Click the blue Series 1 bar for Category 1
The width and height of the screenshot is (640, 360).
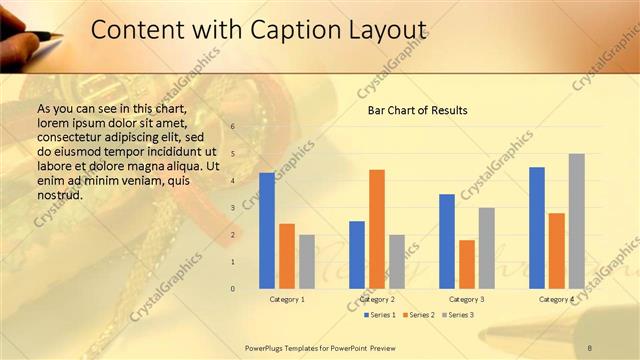(x=267, y=230)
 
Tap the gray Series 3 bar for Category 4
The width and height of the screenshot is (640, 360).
(x=577, y=221)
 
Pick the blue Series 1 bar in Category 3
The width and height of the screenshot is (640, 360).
(x=447, y=241)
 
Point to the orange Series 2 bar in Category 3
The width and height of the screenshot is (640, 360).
(x=467, y=264)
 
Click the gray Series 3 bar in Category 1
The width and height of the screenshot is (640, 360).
(x=307, y=261)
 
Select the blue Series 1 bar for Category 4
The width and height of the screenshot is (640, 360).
(x=537, y=227)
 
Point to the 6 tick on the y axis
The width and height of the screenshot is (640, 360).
(x=232, y=127)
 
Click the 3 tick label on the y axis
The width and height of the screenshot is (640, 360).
(x=232, y=208)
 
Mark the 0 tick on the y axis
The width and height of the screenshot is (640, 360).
(x=232, y=289)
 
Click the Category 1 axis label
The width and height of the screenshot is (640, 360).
(x=287, y=299)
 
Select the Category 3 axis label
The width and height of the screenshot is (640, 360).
(x=467, y=299)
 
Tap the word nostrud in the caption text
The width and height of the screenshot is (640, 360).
(x=60, y=195)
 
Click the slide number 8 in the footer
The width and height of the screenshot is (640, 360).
(x=590, y=347)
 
